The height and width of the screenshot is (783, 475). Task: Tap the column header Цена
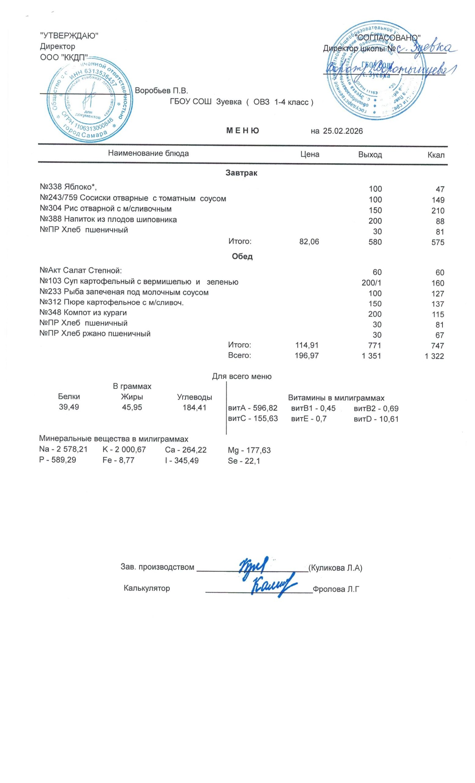click(310, 154)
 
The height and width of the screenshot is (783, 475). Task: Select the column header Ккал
click(436, 155)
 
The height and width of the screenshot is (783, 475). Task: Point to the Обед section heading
click(242, 256)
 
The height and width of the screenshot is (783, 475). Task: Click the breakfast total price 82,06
click(309, 242)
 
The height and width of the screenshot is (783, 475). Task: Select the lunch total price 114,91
click(306, 345)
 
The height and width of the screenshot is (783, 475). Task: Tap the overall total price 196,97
click(306, 356)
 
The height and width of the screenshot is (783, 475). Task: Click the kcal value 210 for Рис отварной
click(437, 211)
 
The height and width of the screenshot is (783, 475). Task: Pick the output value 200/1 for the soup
click(371, 283)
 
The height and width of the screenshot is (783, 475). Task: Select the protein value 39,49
click(69, 407)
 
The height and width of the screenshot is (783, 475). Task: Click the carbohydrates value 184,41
click(194, 407)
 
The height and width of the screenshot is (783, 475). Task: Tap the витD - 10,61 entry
click(376, 419)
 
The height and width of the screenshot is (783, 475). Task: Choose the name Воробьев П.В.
click(161, 91)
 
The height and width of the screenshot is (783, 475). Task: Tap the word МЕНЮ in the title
click(242, 131)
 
